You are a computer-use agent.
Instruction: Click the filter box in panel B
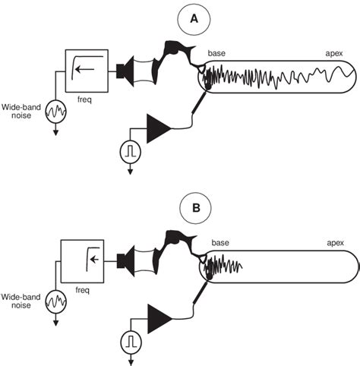coord(82,260)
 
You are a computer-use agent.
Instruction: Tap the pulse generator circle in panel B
coord(130,339)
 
